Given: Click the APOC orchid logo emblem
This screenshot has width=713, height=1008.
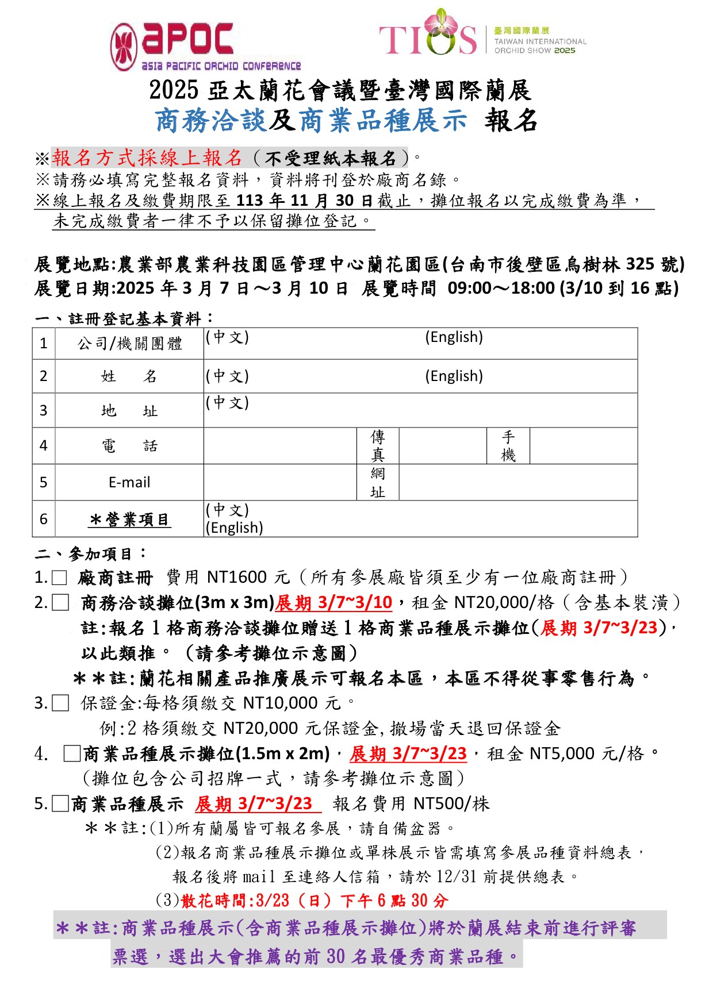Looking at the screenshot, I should pos(124,47).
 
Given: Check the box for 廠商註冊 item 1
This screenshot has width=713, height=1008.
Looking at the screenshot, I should pos(60,578).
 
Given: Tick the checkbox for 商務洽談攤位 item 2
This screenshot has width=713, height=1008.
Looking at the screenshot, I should pos(60,603).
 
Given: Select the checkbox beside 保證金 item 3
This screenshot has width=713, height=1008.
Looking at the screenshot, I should pos(60,703).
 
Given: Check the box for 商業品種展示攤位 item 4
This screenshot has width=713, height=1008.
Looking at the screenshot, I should pos(72,753).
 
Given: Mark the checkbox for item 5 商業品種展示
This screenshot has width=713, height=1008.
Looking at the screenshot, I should pos(60,803).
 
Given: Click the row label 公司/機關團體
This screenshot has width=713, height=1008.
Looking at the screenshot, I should pos(130,344).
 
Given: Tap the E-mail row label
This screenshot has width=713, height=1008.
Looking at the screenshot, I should pos(129,482).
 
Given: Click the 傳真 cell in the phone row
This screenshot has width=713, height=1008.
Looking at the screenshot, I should pos(377,446).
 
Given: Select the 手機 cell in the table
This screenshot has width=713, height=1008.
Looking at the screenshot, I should pos(508,446).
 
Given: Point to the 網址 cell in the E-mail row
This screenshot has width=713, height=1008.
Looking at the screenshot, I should pos(377,483).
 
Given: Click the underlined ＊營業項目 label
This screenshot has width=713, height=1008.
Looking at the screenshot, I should pos(129,520).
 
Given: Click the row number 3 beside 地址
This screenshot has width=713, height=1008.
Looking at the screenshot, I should pos(44,410).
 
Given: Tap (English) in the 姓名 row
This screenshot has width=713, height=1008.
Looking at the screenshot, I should pos(454,376).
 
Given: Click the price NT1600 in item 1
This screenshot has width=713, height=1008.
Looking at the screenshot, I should pos(237,577).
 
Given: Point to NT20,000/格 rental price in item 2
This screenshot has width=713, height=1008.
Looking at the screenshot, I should pos(504,602).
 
